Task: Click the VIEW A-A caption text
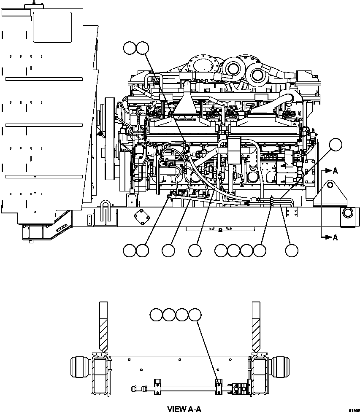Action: (184, 408)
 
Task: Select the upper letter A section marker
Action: (335, 171)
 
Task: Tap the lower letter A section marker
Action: (335, 237)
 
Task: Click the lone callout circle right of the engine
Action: (335, 145)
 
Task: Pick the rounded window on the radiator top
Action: (52, 27)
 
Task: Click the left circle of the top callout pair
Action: (130, 48)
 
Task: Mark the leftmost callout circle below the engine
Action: (130, 250)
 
